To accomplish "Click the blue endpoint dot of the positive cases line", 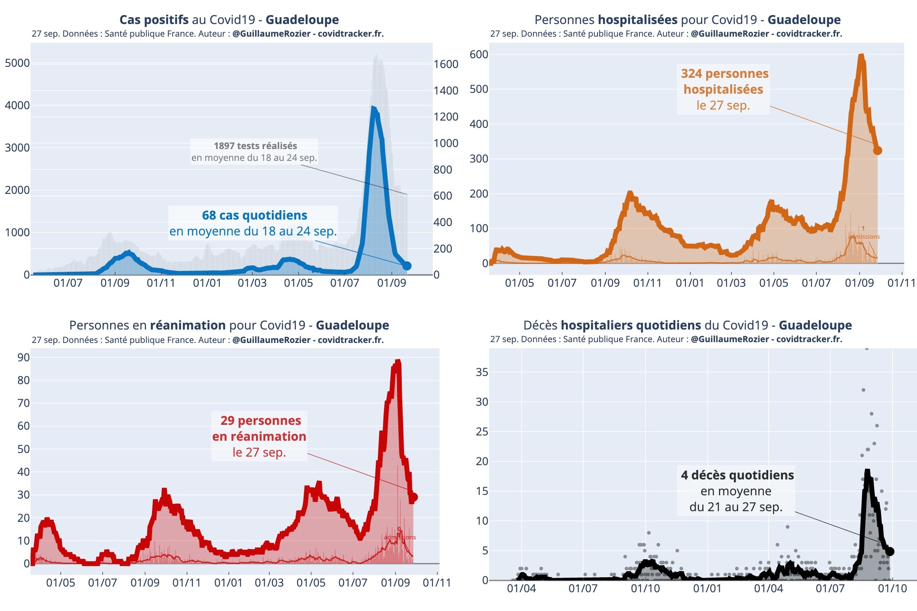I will (x=407, y=266).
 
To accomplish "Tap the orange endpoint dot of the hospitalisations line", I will (x=877, y=150).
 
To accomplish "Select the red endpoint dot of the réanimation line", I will (x=414, y=497).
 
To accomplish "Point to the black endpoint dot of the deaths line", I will (x=890, y=551).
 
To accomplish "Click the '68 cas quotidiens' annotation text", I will (x=255, y=215).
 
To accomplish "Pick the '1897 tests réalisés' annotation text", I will (x=255, y=146).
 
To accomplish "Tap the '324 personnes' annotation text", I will (x=724, y=74).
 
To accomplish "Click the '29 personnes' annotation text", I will (x=260, y=420).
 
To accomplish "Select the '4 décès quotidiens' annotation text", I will (x=737, y=475).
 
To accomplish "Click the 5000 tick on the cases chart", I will (x=17, y=63).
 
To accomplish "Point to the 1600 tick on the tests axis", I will (x=446, y=64).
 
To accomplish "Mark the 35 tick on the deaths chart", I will (x=482, y=372).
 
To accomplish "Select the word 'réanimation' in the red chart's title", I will (x=187, y=325).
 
